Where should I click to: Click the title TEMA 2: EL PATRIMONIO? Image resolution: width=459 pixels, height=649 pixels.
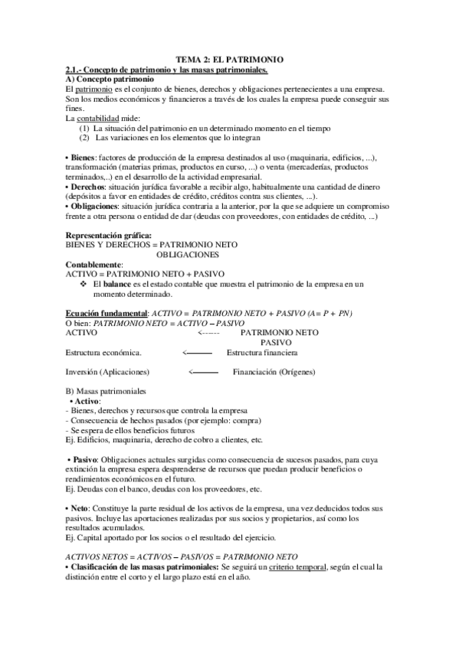click(x=229, y=60)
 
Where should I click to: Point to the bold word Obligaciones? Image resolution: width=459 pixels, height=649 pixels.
click(x=95, y=206)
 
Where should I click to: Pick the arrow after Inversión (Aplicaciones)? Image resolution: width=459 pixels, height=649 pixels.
click(x=203, y=372)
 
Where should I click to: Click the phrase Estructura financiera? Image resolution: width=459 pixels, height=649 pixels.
click(x=262, y=353)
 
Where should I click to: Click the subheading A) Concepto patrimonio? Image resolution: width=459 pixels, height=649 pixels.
click(x=110, y=80)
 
